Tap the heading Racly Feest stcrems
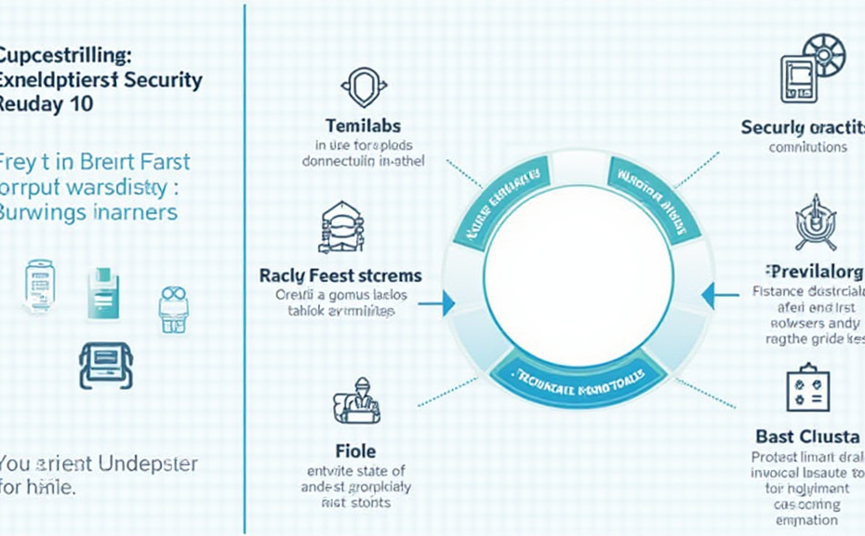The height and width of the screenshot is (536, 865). click(339, 275)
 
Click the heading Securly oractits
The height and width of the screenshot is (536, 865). click(803, 127)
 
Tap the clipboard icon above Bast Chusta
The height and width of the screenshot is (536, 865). click(807, 388)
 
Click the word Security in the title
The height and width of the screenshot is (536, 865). click(164, 80)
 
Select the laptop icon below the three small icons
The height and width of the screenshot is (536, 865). click(106, 364)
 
